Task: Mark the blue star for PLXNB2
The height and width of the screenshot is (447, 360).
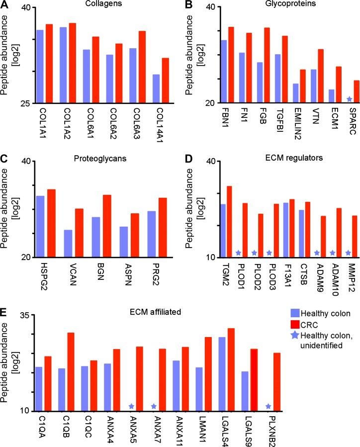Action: (x=269, y=406)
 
